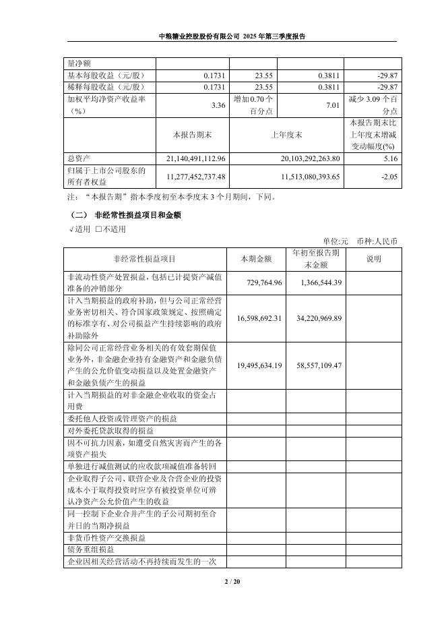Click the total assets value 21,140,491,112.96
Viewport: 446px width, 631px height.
pyautogui.click(x=190, y=158)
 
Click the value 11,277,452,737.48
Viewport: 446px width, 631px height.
pyautogui.click(x=190, y=176)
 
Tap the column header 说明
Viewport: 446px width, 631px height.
pyautogui.click(x=373, y=259)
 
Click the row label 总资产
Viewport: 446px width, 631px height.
pyautogui.click(x=79, y=158)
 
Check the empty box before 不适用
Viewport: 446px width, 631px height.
pyautogui.click(x=99, y=229)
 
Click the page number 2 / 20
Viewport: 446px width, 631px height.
pyautogui.click(x=223, y=581)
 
